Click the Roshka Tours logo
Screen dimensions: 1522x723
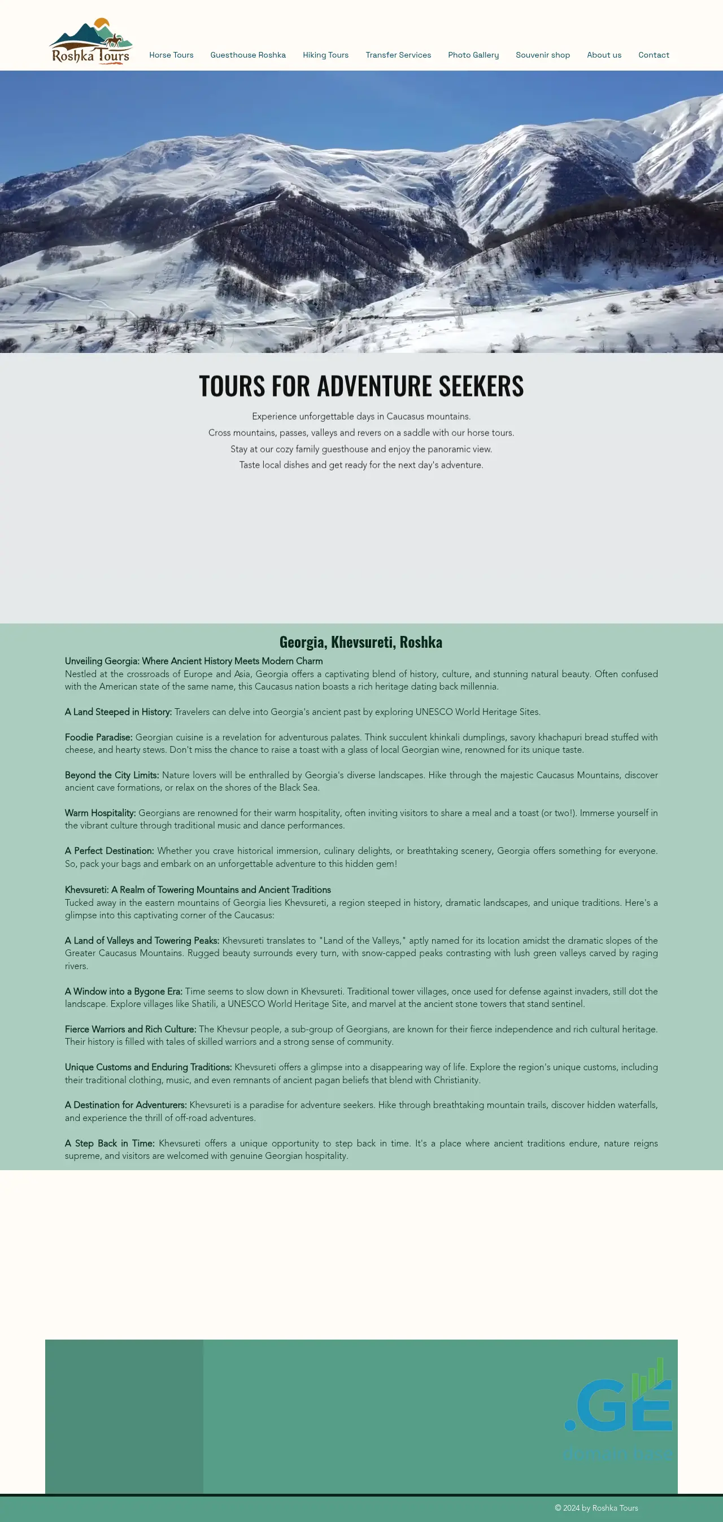(x=90, y=41)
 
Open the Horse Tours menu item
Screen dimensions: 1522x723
(x=172, y=55)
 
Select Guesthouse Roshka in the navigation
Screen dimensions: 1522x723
(x=248, y=55)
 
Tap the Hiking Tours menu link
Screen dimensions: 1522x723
(x=325, y=55)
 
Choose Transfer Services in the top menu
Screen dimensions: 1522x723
(x=398, y=55)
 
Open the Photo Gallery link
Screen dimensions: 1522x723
(x=473, y=55)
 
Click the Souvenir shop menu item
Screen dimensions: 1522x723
(x=542, y=55)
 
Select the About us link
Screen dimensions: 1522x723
(x=604, y=55)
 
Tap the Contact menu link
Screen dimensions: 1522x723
(x=654, y=55)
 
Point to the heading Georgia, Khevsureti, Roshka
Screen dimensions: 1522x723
(x=360, y=642)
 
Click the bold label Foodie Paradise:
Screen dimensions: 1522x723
(x=99, y=738)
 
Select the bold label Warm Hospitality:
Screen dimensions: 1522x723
(x=101, y=813)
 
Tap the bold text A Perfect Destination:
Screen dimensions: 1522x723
(x=110, y=851)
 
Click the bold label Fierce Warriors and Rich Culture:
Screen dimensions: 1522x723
(x=130, y=1029)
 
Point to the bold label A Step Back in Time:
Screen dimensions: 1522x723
(x=110, y=1143)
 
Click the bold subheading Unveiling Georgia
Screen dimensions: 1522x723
(x=194, y=661)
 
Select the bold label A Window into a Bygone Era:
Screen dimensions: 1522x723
(x=124, y=992)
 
